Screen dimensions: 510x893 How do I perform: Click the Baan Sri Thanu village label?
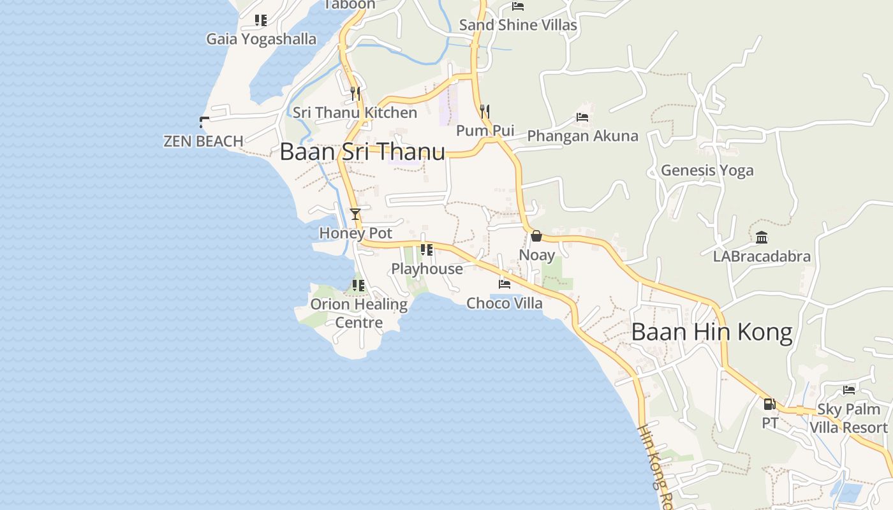point(362,152)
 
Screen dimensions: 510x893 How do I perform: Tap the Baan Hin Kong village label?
point(712,332)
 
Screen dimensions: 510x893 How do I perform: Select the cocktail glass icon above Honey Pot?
point(355,214)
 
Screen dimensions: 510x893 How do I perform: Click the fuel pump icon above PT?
point(769,404)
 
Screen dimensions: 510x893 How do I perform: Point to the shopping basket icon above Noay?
point(536,236)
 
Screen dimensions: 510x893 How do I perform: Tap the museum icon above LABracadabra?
point(762,238)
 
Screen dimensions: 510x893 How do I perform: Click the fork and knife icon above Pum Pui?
point(485,112)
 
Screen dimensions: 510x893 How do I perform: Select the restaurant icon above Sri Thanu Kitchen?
point(355,94)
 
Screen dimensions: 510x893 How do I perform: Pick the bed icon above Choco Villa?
point(505,284)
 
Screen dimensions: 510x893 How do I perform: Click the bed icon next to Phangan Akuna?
point(582,117)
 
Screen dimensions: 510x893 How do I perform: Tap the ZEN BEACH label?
point(203,141)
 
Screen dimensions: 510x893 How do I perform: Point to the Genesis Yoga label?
point(707,170)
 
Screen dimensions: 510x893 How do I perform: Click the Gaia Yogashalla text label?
point(261,39)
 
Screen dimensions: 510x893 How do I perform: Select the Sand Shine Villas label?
point(518,25)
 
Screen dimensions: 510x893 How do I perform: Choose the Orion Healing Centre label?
point(358,313)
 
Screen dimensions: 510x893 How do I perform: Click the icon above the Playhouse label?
point(427,250)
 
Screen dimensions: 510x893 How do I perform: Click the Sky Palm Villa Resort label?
point(848,418)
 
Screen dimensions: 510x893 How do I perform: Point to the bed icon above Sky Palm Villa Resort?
point(848,390)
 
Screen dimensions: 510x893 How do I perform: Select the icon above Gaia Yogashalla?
point(260,20)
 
